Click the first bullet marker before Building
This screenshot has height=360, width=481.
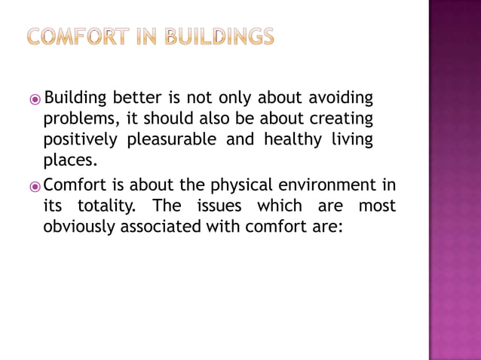(36, 99)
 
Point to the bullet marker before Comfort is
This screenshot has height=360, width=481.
(36, 185)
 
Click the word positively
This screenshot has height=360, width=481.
(80, 141)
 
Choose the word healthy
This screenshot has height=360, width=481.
(289, 140)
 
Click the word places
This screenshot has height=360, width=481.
(70, 161)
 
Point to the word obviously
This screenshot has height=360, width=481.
(79, 226)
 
